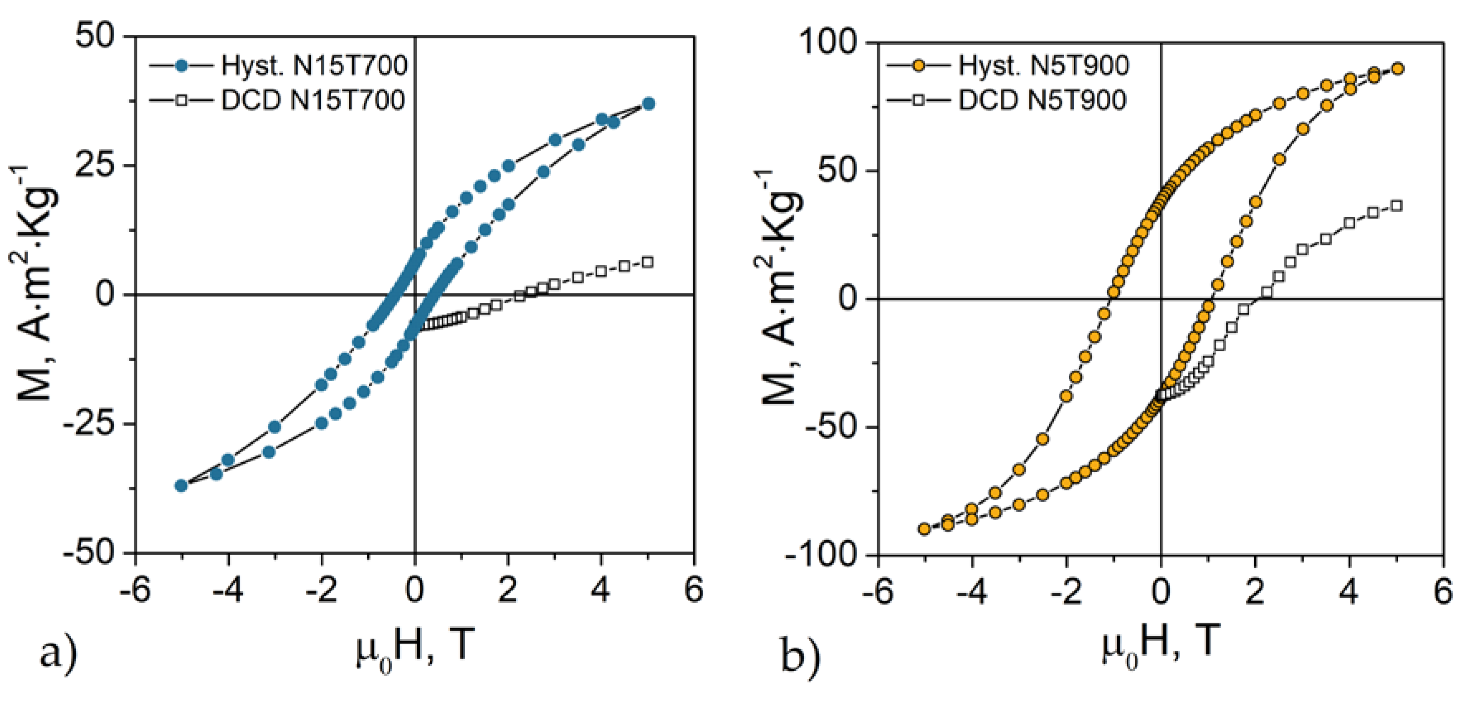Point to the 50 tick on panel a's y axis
coord(95,36)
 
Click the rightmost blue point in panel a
coord(648,104)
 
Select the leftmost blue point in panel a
coord(181,485)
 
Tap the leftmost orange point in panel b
coord(924,529)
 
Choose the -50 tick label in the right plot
coord(830,427)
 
